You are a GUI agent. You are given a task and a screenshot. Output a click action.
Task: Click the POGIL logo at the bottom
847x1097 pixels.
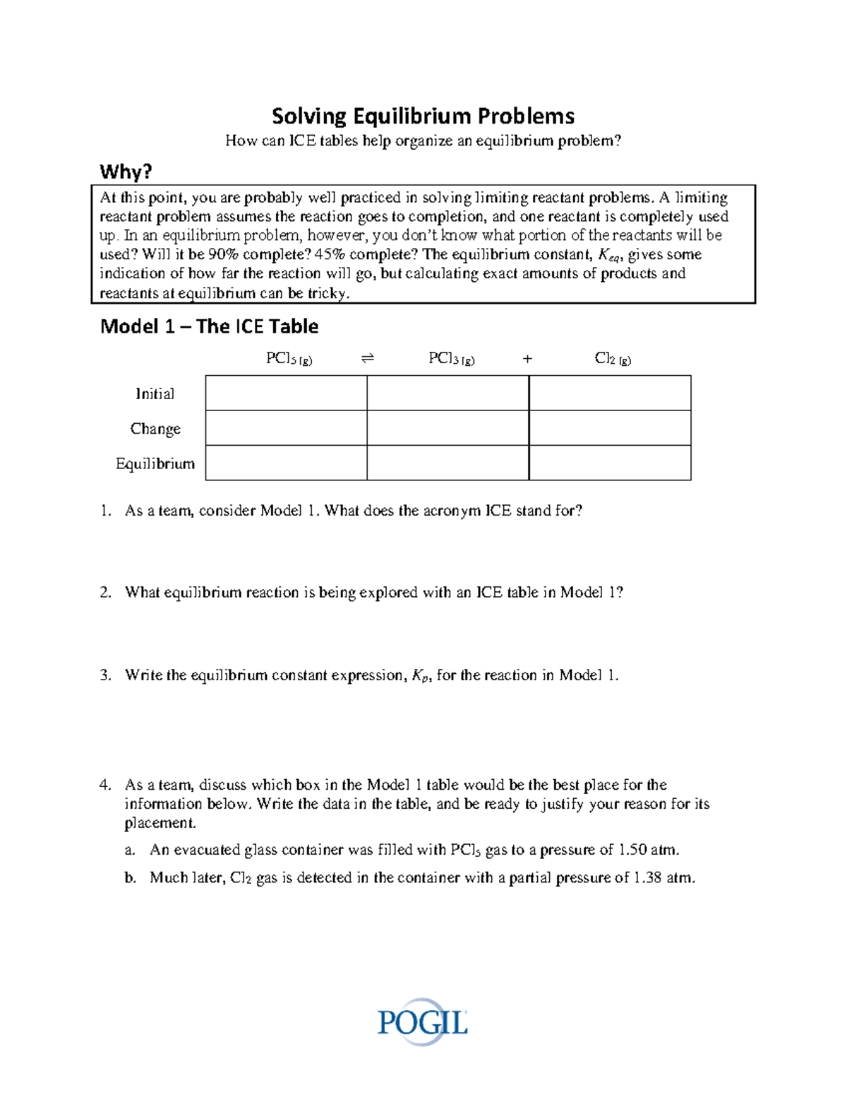[x=422, y=1022]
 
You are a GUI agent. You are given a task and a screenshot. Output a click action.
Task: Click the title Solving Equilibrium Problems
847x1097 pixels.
[x=423, y=116]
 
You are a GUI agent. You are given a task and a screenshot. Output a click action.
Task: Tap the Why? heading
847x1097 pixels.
[x=126, y=172]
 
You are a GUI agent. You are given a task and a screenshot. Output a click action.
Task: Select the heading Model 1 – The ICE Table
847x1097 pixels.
[x=209, y=326]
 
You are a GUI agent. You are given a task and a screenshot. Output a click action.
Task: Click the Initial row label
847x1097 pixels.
[x=155, y=393]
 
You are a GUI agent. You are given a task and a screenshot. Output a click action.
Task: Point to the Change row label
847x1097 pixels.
[x=155, y=429]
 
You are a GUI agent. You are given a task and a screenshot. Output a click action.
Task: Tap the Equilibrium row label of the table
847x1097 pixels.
[x=155, y=463]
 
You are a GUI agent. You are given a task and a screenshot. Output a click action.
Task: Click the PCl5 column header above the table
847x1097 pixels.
[x=289, y=359]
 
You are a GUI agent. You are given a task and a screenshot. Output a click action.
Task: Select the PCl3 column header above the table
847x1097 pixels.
[x=451, y=359]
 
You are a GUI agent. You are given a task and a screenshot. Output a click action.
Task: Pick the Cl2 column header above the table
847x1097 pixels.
[x=613, y=359]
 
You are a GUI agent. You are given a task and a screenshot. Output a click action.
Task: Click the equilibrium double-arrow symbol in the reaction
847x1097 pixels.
[x=367, y=359]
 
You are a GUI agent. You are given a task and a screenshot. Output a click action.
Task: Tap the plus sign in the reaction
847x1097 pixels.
[x=527, y=359]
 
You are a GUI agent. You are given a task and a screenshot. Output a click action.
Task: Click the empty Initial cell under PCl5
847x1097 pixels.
[x=286, y=393]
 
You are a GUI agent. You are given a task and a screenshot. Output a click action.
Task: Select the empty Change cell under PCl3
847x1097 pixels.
[x=447, y=428]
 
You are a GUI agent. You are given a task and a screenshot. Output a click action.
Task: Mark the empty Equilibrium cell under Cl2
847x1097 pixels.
[x=610, y=463]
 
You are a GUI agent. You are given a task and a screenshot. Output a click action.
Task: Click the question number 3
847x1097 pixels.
[x=105, y=675]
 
